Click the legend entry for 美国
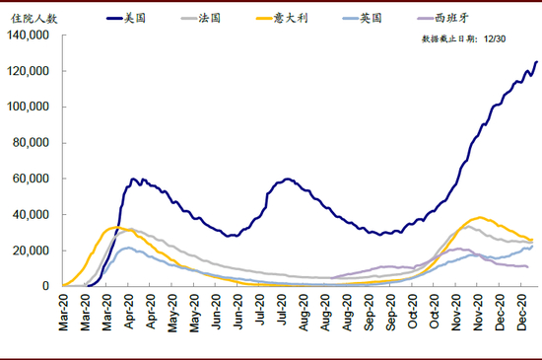pos(126,18)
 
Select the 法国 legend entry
pos(201,18)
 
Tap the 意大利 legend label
pos(282,18)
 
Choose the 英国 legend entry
pos(363,18)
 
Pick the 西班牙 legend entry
pos(443,18)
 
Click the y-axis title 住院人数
pos(34,19)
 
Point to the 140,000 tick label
pos(28,35)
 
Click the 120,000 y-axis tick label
pos(28,71)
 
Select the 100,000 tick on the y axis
pos(28,107)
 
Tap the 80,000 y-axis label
pos(31,142)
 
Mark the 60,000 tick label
pos(31,179)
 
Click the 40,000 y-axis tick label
pos(31,214)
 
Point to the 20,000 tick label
pos(31,251)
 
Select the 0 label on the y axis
pos(45,286)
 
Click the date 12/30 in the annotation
pos(495,38)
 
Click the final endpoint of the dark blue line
pos(537,62)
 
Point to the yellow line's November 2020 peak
pos(480,218)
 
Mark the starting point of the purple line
pos(332,278)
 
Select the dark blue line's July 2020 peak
pos(287,179)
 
